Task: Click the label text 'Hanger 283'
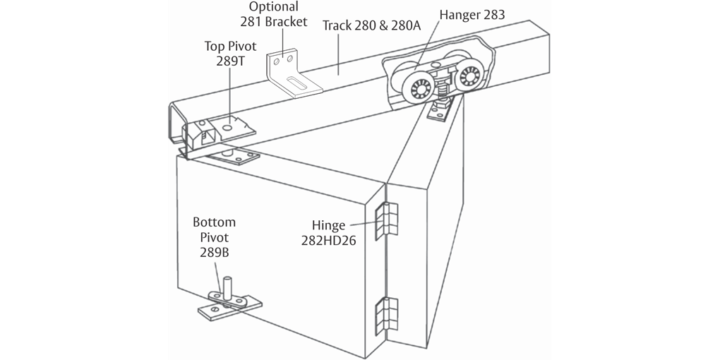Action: click(x=472, y=14)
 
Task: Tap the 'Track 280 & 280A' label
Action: click(x=371, y=25)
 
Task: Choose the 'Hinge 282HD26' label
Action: click(x=333, y=233)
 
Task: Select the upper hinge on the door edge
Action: click(x=386, y=220)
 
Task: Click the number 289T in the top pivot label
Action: click(x=229, y=61)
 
